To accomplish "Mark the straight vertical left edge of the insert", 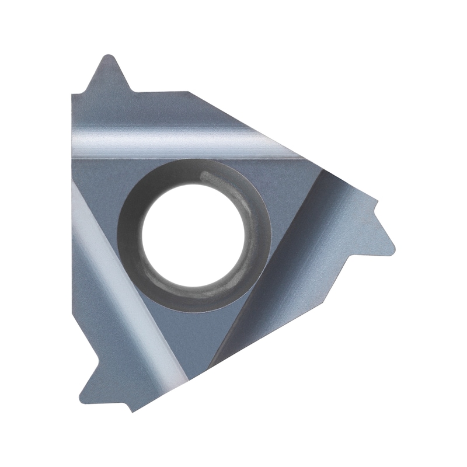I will pyautogui.click(x=71, y=233).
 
